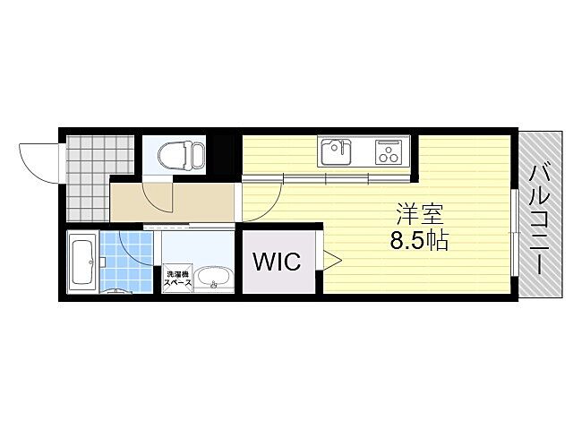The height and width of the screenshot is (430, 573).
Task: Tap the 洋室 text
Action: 420,216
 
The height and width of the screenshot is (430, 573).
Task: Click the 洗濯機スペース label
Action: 175,279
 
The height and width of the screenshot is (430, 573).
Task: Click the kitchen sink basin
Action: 335,151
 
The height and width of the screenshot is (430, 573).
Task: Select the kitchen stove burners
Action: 389,151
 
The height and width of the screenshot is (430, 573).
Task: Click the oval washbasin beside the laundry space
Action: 213,279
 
